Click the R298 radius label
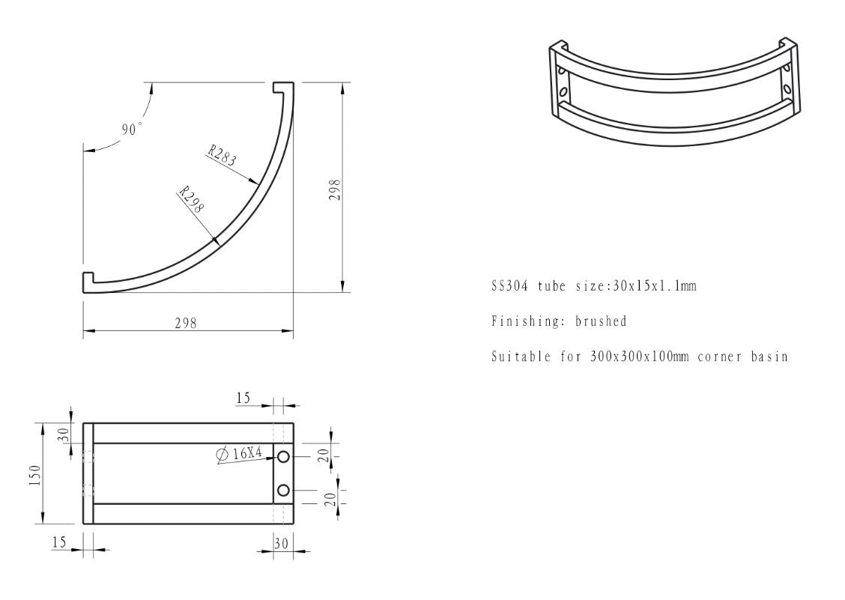192,201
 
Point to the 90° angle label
131,130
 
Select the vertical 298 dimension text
335,190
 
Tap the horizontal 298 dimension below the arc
186,323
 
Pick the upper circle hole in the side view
283,457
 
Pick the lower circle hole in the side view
283,491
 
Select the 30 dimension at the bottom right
281,544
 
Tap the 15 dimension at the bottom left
60,542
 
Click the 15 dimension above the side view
243,399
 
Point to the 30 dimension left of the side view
64,434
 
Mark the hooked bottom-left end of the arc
88,282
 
